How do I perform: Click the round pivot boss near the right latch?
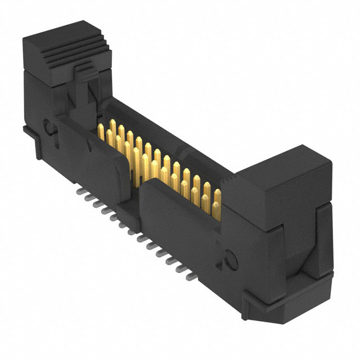tap(229, 258)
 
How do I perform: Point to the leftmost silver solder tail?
tap(78, 191)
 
